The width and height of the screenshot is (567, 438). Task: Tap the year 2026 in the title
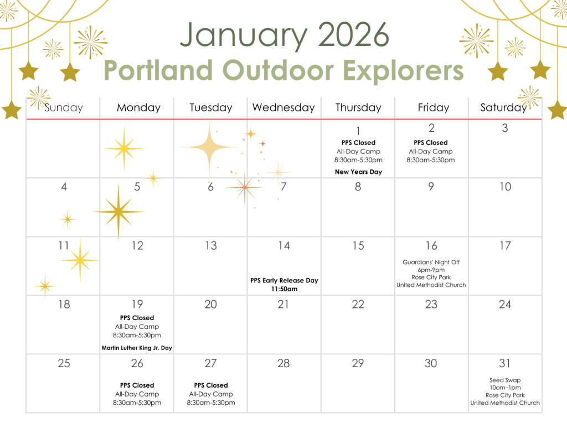353,34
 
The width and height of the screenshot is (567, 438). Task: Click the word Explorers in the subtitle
403,71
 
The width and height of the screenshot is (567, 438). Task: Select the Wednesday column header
283,107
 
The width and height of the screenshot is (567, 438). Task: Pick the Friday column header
433,107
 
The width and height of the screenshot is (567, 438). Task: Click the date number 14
284,246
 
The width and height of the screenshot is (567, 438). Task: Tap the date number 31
505,363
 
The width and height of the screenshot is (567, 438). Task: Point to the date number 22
358,304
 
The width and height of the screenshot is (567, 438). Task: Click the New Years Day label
358,172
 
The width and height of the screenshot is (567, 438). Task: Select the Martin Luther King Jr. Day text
137,348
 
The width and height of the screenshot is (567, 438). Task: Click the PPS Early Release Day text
284,280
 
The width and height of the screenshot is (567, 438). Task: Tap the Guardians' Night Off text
431,262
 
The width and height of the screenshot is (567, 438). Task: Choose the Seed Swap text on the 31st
505,380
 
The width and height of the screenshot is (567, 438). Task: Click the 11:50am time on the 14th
284,289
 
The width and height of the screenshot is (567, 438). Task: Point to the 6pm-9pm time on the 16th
431,270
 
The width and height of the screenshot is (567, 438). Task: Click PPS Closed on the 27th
211,385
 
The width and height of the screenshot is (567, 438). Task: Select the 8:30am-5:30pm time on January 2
431,160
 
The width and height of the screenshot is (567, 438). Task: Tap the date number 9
431,187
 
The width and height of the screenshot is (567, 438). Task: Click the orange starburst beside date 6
244,187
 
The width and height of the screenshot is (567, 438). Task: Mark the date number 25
64,363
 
